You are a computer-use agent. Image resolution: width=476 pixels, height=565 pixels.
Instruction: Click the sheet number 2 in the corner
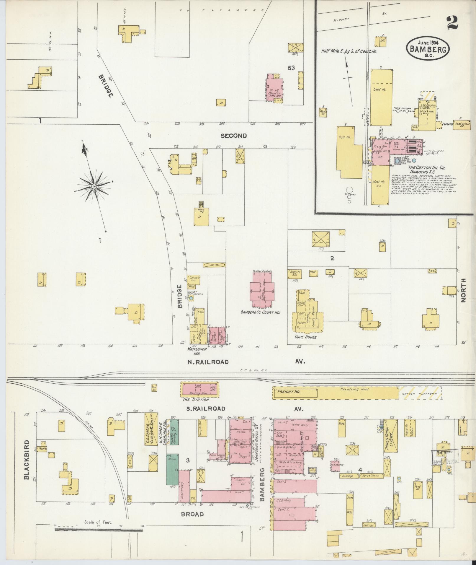[452, 23]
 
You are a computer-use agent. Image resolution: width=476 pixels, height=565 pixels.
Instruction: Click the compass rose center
[94, 186]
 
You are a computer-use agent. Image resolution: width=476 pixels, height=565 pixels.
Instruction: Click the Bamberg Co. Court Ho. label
[260, 312]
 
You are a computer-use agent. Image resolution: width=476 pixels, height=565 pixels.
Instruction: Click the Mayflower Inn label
[196, 351]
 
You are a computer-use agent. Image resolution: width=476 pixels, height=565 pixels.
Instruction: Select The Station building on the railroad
[200, 389]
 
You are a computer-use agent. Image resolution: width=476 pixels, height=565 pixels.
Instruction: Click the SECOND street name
[233, 136]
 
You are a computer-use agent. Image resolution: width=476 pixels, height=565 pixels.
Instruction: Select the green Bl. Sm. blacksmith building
[172, 470]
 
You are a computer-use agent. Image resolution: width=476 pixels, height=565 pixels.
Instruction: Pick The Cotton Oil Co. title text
[426, 167]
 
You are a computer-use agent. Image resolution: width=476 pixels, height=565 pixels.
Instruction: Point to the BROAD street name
[193, 514]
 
